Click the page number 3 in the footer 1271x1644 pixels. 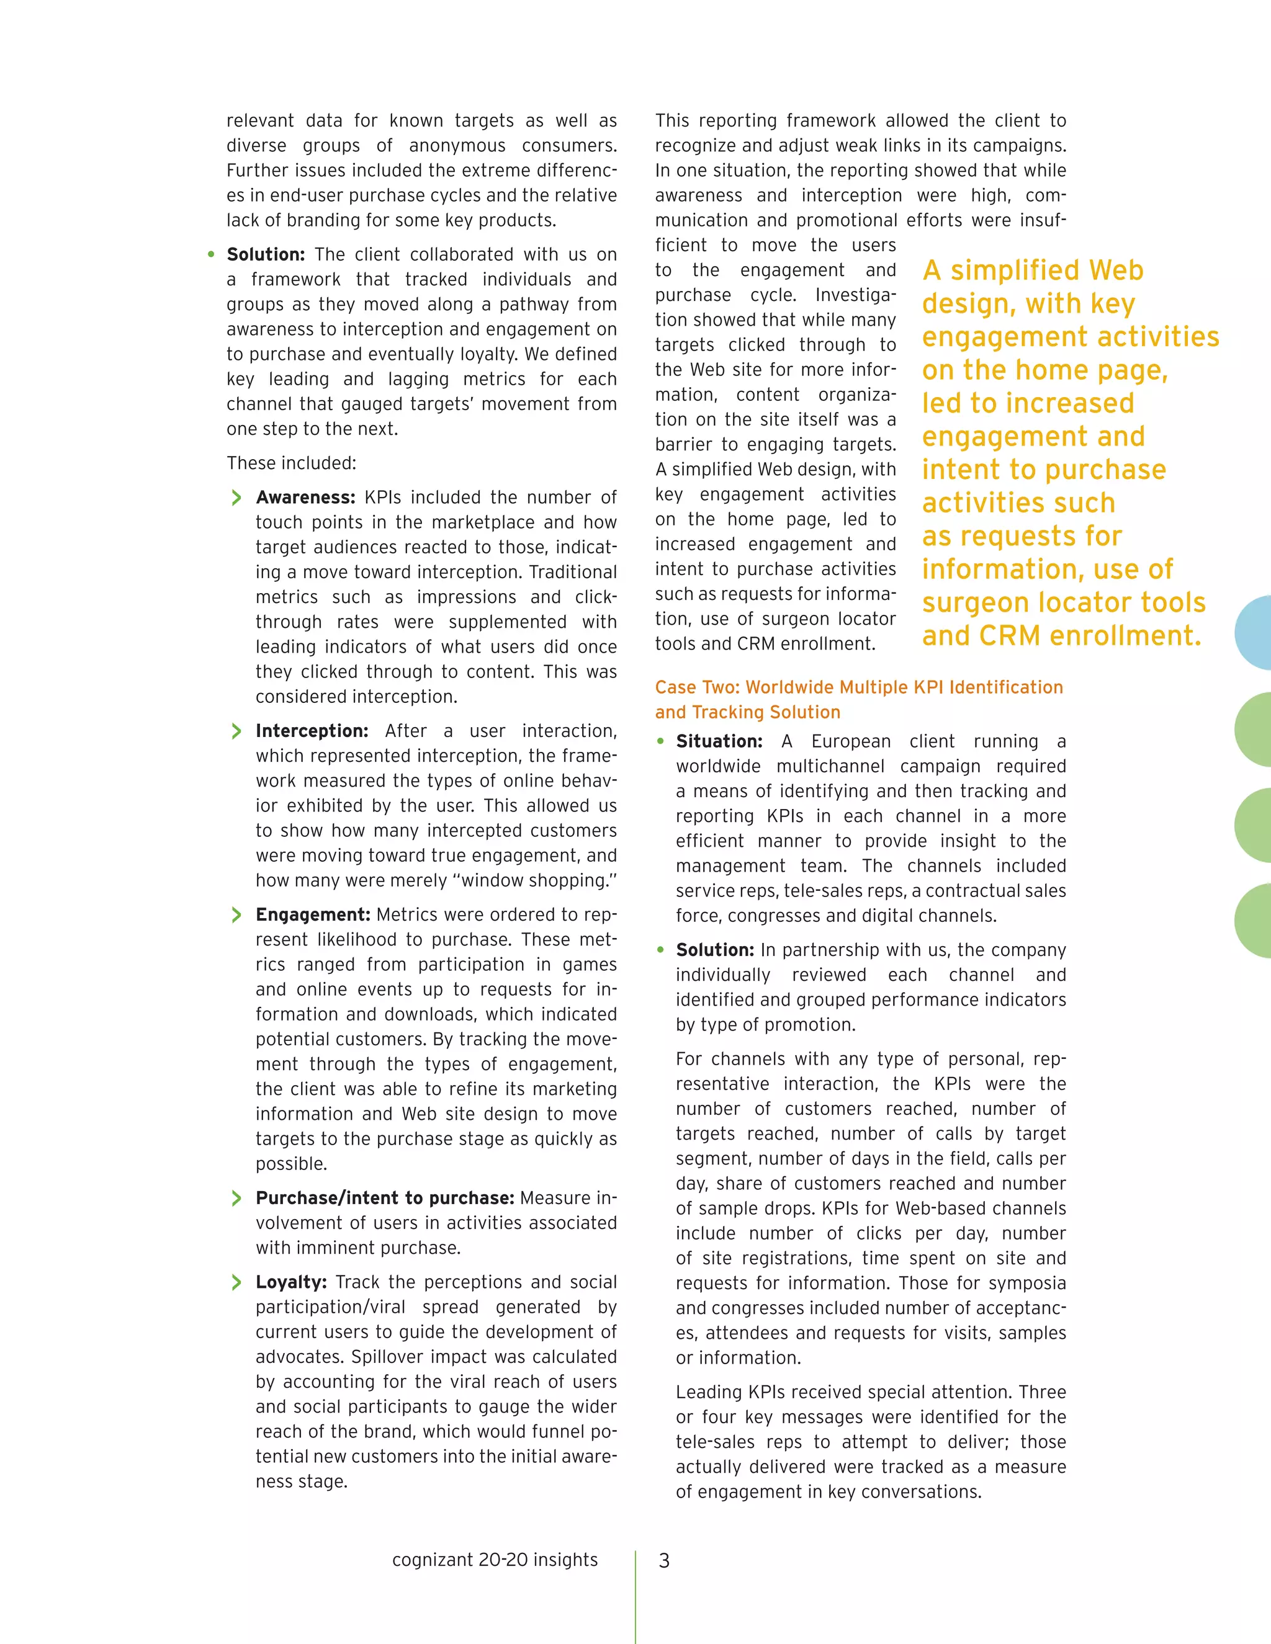[663, 1560]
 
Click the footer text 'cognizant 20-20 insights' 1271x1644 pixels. [495, 1560]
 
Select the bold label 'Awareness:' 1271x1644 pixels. [305, 498]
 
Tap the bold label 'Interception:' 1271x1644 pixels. [312, 731]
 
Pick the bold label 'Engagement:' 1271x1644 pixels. [313, 914]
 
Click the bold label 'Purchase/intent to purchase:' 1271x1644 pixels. [385, 1197]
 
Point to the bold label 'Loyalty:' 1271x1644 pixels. [290, 1282]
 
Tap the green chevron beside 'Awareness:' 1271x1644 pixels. [236, 498]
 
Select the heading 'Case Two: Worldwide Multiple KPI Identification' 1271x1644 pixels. [858, 687]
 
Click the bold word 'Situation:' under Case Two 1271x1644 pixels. [719, 741]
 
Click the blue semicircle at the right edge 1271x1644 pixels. [1254, 632]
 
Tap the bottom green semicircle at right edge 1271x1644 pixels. [1254, 921]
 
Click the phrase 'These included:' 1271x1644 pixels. [292, 463]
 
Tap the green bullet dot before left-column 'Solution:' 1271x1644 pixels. [212, 254]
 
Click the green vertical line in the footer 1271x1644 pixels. [635, 1596]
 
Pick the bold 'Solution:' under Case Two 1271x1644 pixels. [714, 950]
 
